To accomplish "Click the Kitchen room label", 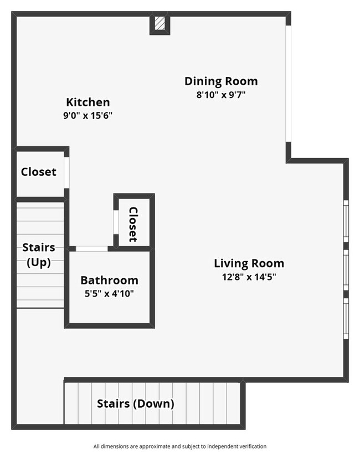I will point(88,102).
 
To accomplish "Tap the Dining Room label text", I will point(221,81).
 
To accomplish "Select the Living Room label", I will point(249,263).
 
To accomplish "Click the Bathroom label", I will point(109,280).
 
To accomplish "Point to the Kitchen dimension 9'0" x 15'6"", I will point(88,116).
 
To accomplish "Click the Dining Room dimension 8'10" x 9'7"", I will point(221,95).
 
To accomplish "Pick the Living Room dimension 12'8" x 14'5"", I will point(249,277).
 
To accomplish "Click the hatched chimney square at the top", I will point(160,23).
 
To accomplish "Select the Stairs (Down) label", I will point(136,404).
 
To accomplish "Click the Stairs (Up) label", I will point(39,255).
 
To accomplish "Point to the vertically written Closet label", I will point(133,224).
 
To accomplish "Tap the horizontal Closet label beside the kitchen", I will point(39,172).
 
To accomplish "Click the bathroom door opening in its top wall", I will point(91,249).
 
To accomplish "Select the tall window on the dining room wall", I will point(288,83).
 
